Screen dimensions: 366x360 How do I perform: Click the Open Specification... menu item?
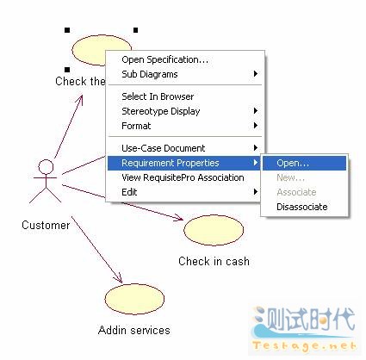coord(164,59)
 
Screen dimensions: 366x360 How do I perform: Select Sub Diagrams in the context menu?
coord(150,74)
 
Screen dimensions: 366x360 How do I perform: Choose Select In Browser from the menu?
coord(158,96)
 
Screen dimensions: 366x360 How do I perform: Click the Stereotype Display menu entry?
coord(161,111)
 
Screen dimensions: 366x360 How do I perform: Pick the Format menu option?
coord(136,126)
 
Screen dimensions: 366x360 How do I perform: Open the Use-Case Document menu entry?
coord(164,148)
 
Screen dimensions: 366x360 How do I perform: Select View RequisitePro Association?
coord(183,177)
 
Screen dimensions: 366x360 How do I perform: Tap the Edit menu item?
coord(129,192)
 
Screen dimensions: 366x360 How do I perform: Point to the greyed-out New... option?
coord(290,177)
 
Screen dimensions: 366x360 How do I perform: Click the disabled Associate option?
coord(296,192)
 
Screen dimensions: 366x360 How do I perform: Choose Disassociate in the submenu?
coord(302,207)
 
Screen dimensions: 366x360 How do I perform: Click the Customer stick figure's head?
coord(46,166)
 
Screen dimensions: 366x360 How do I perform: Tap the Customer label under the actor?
coord(46,225)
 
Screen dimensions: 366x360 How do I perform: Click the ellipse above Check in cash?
coord(214,231)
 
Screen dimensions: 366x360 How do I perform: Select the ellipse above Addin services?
coord(134,299)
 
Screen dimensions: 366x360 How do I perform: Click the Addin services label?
coord(134,330)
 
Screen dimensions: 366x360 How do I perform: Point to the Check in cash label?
coord(214,261)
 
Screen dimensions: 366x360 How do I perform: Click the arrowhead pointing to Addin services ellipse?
coord(120,280)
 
